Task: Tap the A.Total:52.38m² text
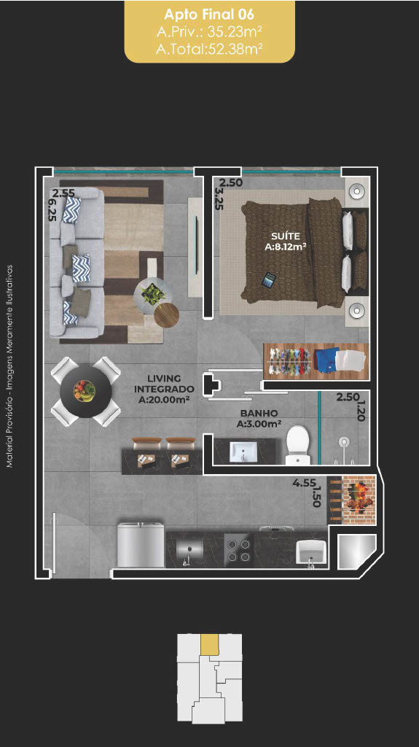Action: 210,49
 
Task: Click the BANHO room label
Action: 259,414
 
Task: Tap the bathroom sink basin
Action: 243,452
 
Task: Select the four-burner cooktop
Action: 238,550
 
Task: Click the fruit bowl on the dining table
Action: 85,391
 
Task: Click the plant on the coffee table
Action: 153,294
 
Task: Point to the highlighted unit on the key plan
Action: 210,643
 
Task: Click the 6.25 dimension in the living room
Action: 53,210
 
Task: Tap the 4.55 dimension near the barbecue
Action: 302,483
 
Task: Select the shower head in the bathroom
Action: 344,441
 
